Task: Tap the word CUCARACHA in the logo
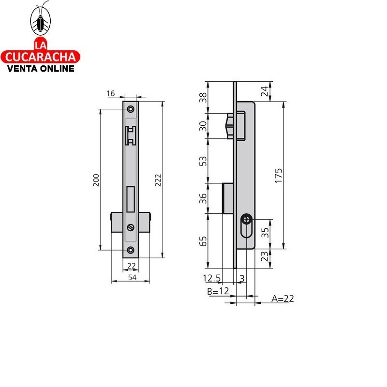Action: (42, 57)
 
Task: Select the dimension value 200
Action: (96, 180)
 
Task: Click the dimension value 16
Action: (110, 93)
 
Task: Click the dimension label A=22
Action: (283, 298)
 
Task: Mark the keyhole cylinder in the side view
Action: (247, 226)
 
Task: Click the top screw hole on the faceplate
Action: (131, 109)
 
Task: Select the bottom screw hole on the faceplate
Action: (131, 250)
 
